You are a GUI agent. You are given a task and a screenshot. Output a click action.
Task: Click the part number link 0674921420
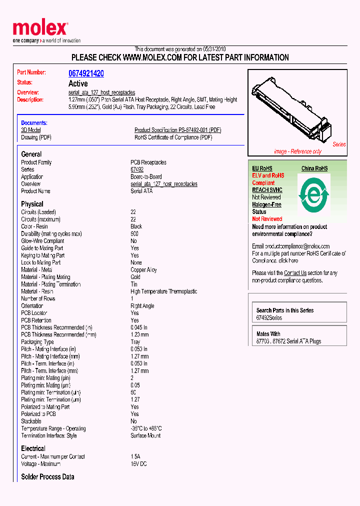86,73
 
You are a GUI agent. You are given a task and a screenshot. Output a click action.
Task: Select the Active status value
78,83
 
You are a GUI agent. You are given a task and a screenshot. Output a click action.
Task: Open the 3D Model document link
30,130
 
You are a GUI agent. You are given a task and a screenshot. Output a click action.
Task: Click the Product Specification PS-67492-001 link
177,130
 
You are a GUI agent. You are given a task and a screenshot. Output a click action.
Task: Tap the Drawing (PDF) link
36,137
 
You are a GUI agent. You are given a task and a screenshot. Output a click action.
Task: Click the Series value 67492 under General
137,169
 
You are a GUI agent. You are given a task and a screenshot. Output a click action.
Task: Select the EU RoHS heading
262,168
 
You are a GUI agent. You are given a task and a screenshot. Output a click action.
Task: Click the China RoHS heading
314,168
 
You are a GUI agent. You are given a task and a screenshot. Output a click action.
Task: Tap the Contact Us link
295,273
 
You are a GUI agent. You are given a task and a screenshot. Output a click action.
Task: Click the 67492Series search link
269,318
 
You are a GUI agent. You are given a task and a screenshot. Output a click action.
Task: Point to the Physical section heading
32,204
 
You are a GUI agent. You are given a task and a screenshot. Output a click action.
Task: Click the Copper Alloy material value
143,270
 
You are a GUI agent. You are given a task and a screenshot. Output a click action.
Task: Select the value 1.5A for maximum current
135,456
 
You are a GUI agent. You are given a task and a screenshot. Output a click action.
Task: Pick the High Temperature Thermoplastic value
163,291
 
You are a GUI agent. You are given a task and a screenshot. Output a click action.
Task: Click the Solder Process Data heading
47,477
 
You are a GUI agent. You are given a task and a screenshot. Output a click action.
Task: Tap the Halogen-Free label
266,204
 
